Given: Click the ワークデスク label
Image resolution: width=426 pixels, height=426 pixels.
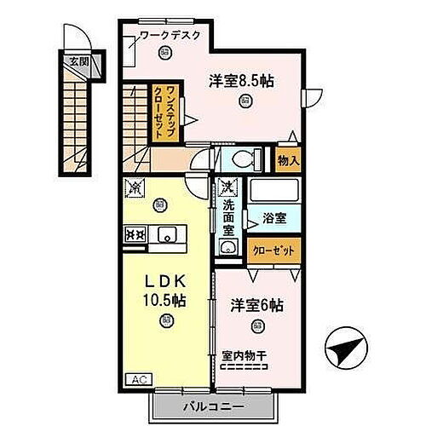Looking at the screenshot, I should coord(170,35).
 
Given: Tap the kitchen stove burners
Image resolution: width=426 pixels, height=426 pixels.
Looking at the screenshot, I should coord(135,233).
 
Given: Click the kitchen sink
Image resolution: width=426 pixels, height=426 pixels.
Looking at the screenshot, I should coord(166,233).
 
